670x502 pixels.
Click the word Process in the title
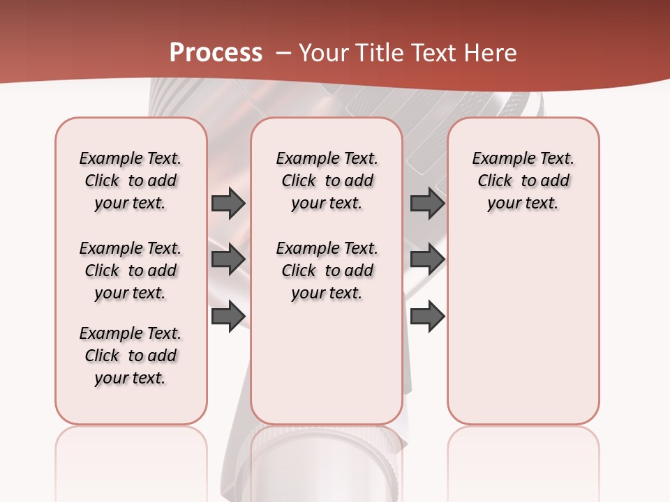216,53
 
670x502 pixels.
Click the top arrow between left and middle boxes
228,203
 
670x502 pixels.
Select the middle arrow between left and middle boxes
228,259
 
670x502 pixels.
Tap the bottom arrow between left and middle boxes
228,316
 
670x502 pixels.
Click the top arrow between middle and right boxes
427,203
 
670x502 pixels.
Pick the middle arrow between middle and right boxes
427,259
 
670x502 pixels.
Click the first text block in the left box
131,181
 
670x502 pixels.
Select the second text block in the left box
131,271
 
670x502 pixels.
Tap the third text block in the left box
131,356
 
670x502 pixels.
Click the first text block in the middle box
327,181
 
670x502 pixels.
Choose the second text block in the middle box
327,271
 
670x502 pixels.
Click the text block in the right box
523,181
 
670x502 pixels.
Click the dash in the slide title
283,53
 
